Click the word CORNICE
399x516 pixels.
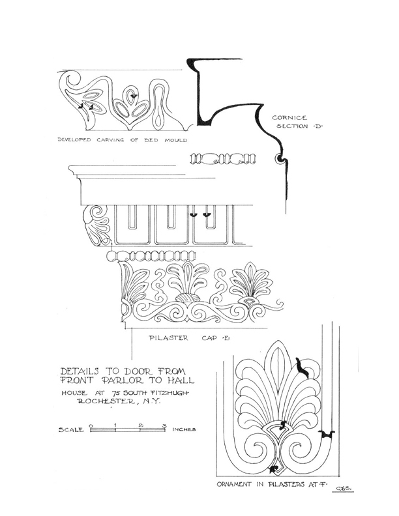click(289, 117)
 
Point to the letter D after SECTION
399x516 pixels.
click(317, 126)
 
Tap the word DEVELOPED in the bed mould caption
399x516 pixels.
click(74, 140)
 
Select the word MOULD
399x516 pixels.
click(176, 140)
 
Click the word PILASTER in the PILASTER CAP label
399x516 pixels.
click(169, 338)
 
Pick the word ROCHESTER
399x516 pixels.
click(106, 401)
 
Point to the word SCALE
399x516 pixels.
click(71, 429)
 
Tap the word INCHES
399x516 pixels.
click(184, 429)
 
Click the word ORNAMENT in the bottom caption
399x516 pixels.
click(234, 484)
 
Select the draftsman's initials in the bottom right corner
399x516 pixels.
click(344, 489)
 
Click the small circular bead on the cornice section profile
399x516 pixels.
click(280, 159)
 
